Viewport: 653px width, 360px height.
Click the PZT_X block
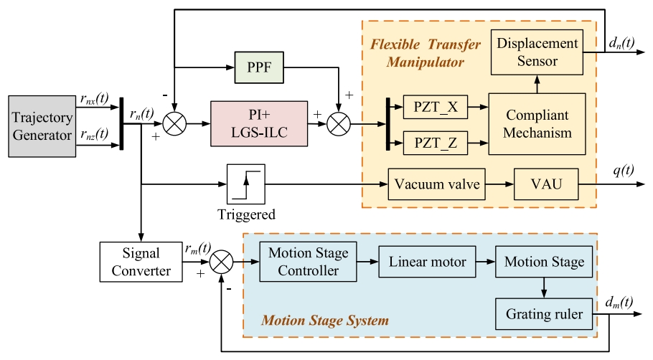click(436, 108)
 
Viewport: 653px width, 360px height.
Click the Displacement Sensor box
click(537, 52)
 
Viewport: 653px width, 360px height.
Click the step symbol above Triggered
click(245, 184)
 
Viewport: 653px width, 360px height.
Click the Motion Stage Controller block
click(308, 262)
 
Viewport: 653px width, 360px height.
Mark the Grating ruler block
click(544, 314)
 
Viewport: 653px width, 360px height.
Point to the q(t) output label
click(623, 173)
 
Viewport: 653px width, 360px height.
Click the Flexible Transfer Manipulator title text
click(425, 53)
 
